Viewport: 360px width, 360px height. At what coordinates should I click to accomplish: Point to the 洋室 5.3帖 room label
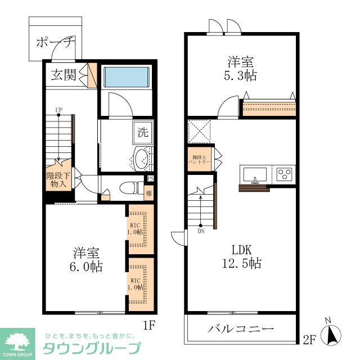click(x=242, y=68)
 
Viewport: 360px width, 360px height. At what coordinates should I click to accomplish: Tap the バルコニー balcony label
click(x=241, y=329)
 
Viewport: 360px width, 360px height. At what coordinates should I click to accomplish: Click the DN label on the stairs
click(x=201, y=230)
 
